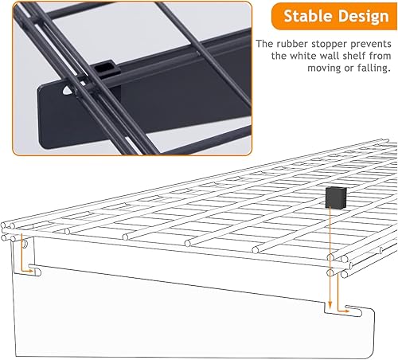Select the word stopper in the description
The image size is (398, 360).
click(334, 45)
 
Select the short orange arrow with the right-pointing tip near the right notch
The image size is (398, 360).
click(347, 307)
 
